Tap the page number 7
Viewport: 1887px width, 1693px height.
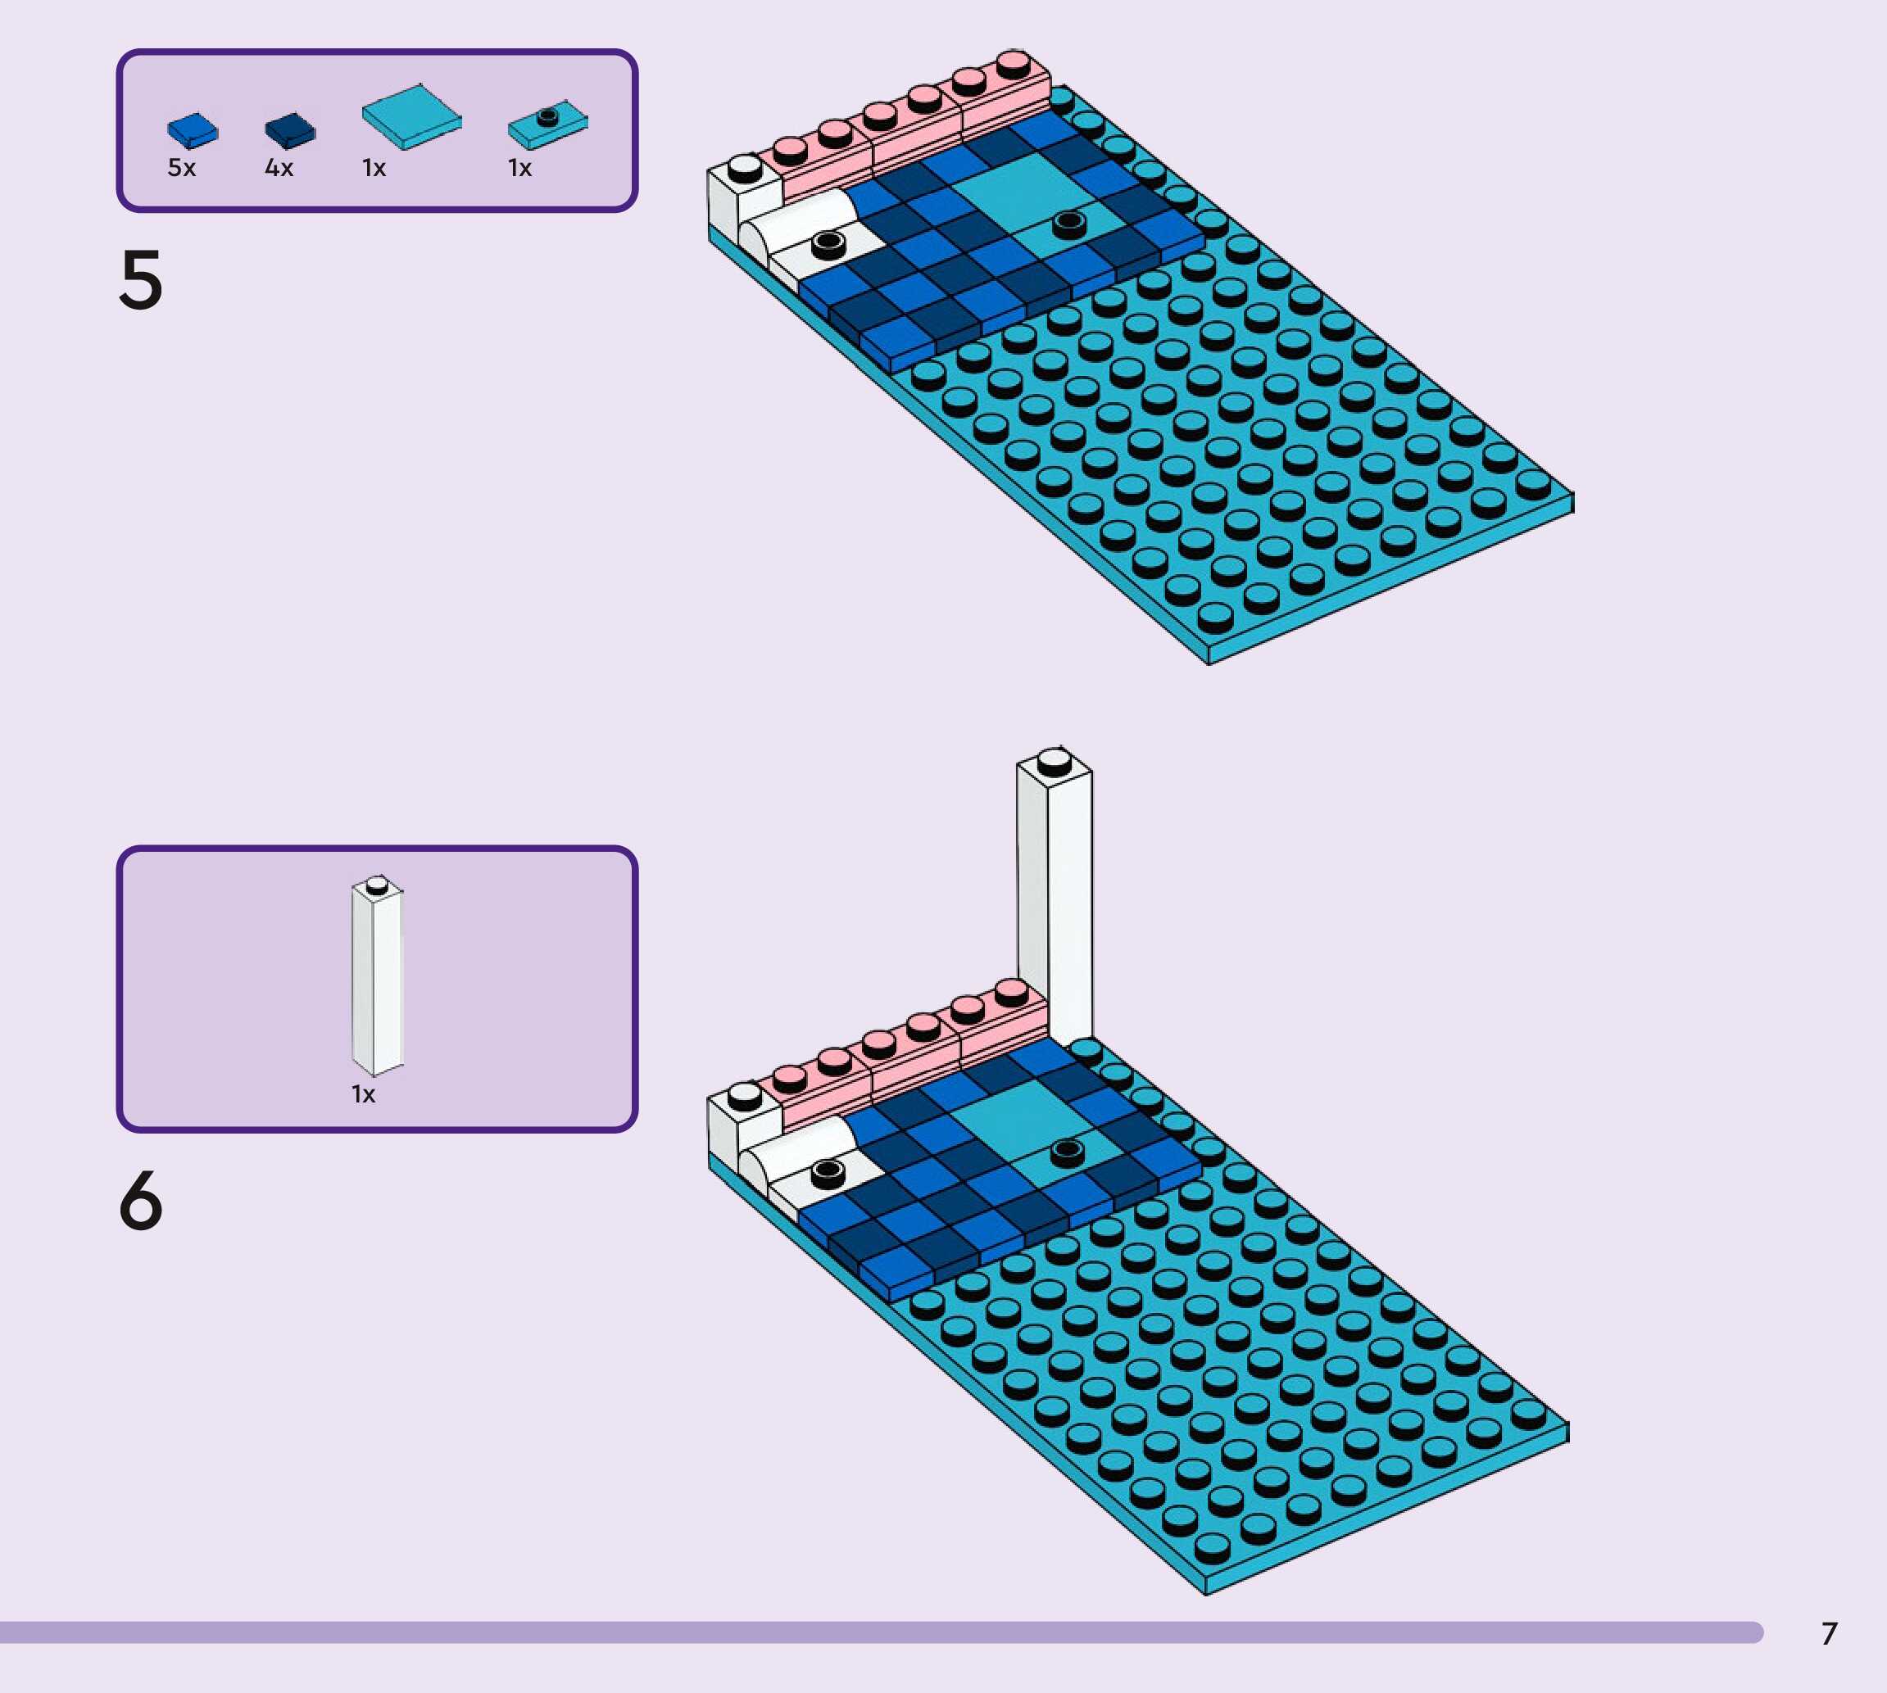click(1830, 1633)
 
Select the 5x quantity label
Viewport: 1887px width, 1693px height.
click(181, 169)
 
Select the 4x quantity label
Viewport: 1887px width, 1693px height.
click(279, 169)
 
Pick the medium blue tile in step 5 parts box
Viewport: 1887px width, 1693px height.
click(193, 130)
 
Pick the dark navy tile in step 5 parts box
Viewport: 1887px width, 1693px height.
click(290, 130)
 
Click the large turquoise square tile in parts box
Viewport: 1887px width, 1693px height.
click(411, 116)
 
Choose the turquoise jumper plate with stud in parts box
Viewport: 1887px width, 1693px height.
click(547, 124)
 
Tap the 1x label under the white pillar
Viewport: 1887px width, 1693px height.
click(363, 1094)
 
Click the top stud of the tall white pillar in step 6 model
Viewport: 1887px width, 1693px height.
click(1055, 762)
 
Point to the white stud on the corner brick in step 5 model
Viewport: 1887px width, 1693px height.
click(744, 167)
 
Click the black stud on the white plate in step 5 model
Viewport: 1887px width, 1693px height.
click(828, 245)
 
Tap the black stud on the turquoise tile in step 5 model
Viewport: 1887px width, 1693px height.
click(1068, 222)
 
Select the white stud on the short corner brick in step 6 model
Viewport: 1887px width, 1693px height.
click(744, 1095)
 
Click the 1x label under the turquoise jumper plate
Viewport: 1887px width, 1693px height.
click(519, 169)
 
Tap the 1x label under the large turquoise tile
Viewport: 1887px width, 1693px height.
click(374, 169)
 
